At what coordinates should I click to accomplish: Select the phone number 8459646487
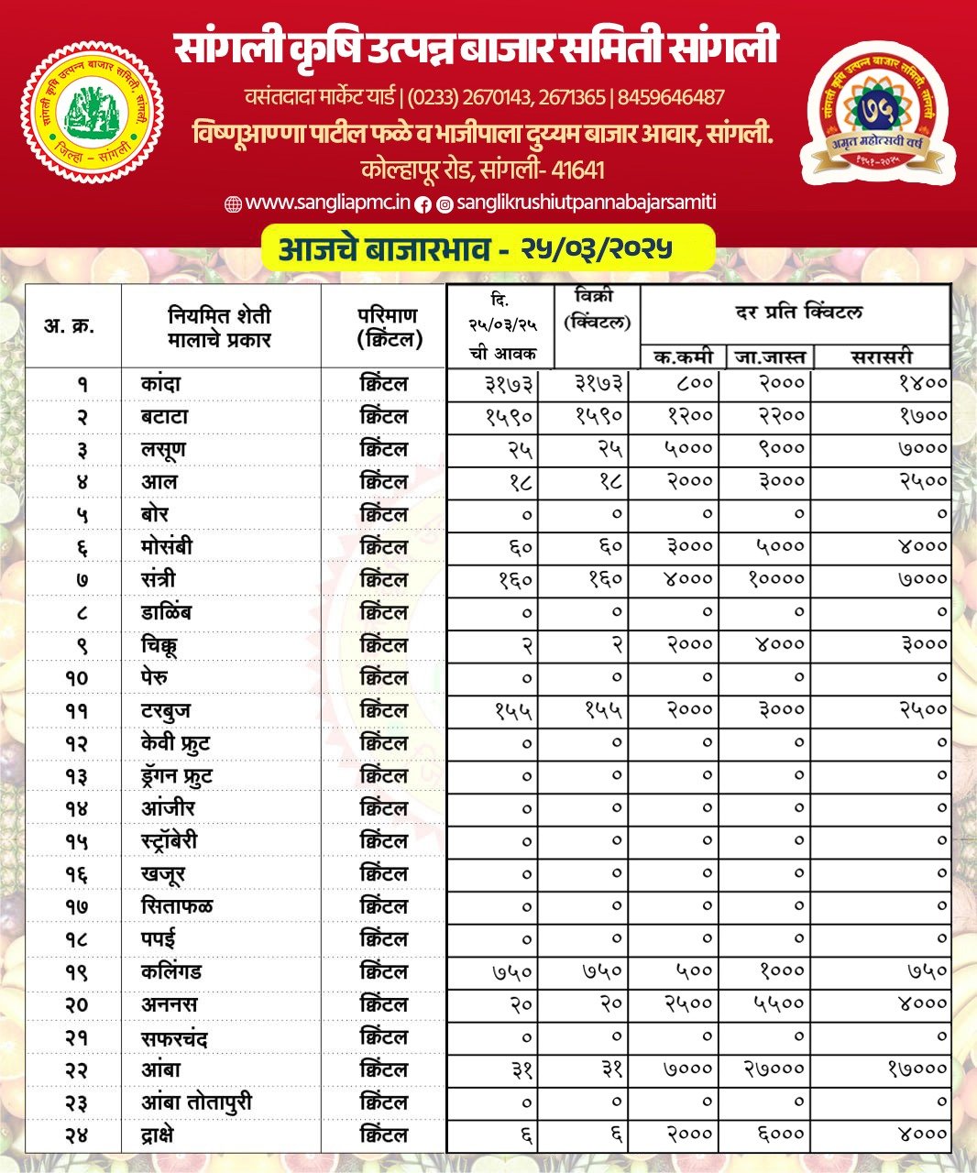[x=672, y=97]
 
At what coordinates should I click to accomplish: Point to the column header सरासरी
[x=881, y=356]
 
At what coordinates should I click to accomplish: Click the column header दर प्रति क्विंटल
[x=798, y=312]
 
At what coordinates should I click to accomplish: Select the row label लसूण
[x=164, y=449]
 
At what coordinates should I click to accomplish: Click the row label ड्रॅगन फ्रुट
[x=177, y=776]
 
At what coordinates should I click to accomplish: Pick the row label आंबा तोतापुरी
[x=196, y=1102]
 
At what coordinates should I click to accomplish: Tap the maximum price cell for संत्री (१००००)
[x=775, y=579]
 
